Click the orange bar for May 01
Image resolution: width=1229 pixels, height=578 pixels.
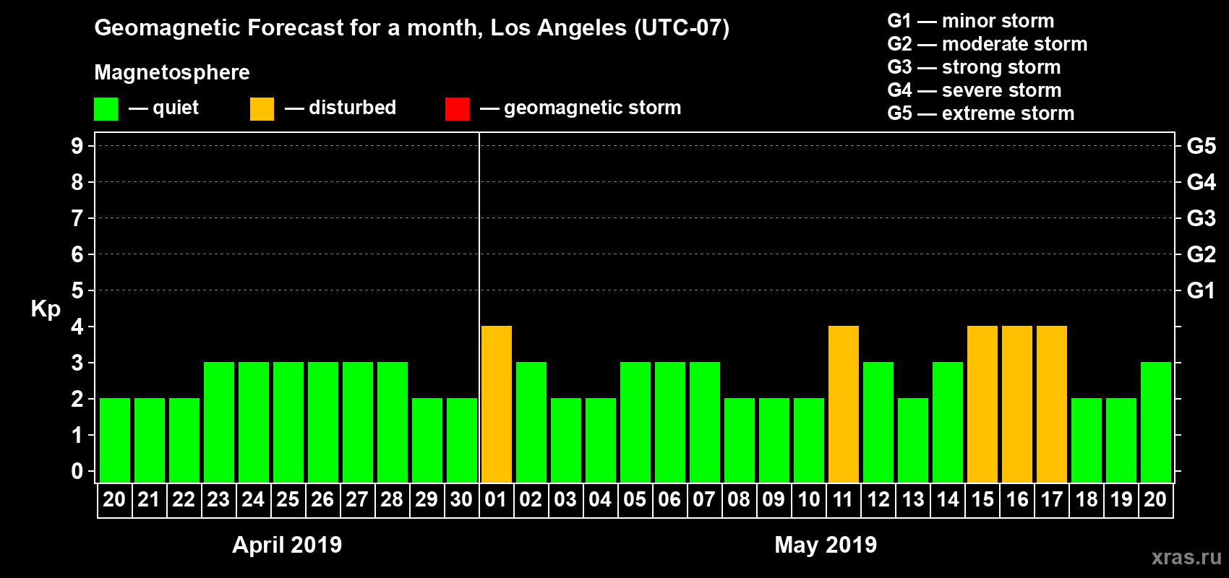[x=497, y=404]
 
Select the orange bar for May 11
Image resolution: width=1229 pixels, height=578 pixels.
[x=844, y=404]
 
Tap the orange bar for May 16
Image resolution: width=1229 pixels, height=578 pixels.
[x=1017, y=404]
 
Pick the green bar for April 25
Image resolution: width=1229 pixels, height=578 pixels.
[x=288, y=422]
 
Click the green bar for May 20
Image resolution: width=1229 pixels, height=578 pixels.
[x=1156, y=422]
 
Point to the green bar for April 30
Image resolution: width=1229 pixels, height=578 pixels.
[x=462, y=440]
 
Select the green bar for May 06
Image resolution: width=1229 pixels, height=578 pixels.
[x=670, y=422]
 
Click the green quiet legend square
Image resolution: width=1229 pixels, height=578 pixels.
[x=106, y=109]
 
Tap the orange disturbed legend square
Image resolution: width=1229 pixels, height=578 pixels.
[x=262, y=109]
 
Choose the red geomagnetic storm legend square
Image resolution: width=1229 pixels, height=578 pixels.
[x=457, y=109]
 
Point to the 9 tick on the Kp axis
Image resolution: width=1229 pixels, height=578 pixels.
[x=77, y=146]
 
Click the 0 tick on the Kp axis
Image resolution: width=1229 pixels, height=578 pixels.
[x=77, y=471]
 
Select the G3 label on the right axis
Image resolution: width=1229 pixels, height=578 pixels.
[x=1201, y=218]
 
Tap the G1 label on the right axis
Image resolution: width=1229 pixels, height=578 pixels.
[x=1201, y=290]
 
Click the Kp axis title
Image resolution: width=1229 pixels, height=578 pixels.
[x=46, y=309]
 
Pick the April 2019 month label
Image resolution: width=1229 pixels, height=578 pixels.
[x=287, y=545]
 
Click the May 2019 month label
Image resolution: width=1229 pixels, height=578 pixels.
[x=826, y=545]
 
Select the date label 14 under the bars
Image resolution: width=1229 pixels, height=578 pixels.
[x=948, y=499]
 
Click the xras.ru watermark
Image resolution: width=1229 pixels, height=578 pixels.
[x=1186, y=556]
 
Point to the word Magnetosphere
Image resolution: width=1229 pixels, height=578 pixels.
[x=172, y=72]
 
